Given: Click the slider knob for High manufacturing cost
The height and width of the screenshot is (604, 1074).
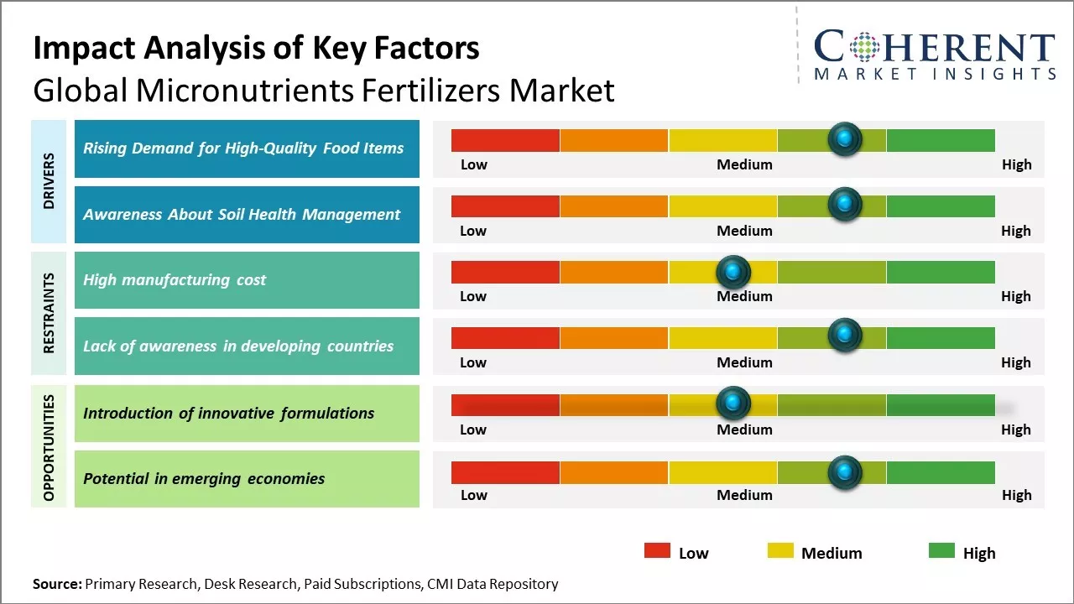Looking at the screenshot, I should click(733, 271).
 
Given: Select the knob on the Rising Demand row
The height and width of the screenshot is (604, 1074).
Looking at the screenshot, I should click(844, 138).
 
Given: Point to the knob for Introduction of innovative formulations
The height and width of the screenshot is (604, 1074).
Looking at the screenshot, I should click(733, 404).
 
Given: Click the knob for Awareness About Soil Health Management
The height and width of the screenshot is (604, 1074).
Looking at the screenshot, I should click(844, 204).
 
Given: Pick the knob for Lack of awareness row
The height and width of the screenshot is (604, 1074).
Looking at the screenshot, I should click(844, 336).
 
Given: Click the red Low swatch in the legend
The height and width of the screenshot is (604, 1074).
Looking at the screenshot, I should click(657, 551).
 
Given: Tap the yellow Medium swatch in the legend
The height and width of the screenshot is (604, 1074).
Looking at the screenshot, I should click(780, 551).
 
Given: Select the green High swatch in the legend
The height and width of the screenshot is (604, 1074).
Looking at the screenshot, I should click(941, 551).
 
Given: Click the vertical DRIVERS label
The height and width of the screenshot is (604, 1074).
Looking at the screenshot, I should click(49, 181).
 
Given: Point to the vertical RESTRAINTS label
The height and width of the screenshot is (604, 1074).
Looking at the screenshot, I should click(49, 313).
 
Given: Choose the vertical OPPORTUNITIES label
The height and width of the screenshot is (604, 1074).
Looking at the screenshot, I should click(49, 447).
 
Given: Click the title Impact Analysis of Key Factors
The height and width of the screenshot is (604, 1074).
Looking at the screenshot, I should click(256, 48).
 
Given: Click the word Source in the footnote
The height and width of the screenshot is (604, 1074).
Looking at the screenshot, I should click(57, 584).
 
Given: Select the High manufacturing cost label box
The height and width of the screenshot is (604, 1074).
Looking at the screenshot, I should click(247, 280).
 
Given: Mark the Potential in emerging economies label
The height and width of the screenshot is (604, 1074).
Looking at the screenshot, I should click(247, 479).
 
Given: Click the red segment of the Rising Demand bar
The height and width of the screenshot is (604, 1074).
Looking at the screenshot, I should click(505, 140).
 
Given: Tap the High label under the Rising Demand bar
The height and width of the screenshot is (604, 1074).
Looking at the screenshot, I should click(1016, 164).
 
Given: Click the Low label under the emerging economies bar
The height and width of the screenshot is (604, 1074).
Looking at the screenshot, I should click(473, 495).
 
